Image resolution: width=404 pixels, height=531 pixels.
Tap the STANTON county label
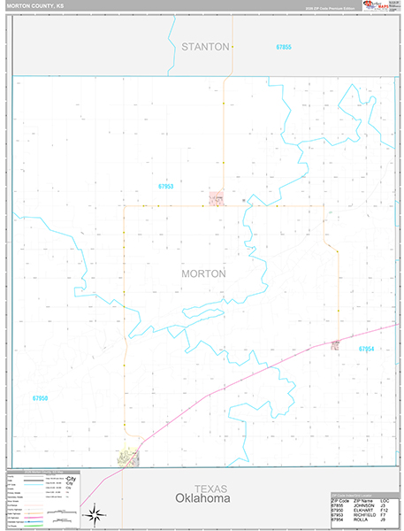205,45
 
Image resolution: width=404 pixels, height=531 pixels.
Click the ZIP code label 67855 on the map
283,46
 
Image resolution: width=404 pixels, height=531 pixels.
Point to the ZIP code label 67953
166,187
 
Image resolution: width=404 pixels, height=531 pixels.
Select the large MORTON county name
203,273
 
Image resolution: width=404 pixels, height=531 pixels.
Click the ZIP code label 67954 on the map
367,350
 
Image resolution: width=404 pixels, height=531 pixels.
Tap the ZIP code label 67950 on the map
40,398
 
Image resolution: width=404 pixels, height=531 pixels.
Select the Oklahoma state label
202,499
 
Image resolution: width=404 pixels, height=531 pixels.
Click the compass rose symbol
95,512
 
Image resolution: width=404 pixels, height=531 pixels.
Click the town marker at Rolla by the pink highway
336,344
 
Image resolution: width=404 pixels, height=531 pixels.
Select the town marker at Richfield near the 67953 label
216,198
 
